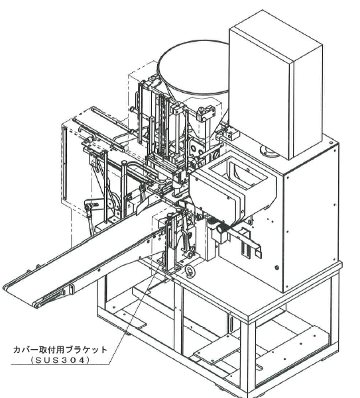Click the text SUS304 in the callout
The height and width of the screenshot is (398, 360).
click(60, 360)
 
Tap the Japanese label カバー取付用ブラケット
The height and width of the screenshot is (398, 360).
click(60, 350)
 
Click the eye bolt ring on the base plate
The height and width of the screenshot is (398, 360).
click(189, 270)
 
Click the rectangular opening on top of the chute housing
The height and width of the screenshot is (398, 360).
click(237, 173)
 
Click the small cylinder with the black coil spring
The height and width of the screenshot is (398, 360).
click(221, 228)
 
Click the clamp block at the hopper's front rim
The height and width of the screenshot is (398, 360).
click(206, 113)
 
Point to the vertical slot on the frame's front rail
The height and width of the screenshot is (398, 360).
click(231, 324)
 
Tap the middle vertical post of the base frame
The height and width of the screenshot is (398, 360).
click(178, 317)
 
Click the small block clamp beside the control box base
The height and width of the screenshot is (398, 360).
click(231, 134)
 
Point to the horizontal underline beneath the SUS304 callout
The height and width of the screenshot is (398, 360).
click(60, 364)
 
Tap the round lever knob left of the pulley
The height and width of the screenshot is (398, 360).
click(88, 207)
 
